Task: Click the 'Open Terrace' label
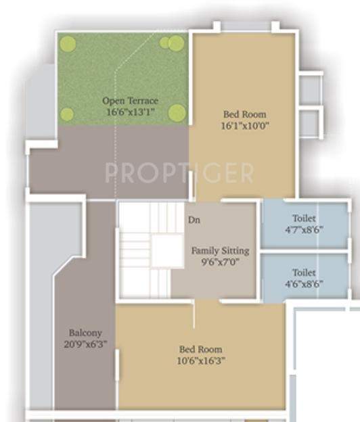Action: (130, 101)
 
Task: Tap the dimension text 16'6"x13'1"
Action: (130, 112)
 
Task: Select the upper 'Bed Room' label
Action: (244, 114)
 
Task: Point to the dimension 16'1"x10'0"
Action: (244, 126)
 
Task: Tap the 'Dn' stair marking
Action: (194, 220)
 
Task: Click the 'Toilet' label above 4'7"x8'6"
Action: (305, 218)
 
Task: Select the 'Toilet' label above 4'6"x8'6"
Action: (305, 273)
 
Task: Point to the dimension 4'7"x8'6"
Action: (305, 229)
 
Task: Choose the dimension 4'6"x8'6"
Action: (305, 285)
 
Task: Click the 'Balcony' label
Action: (85, 333)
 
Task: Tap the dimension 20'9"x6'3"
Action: (85, 344)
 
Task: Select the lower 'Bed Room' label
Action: (200, 349)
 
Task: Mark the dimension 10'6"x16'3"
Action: (200, 360)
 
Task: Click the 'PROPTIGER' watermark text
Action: (179, 173)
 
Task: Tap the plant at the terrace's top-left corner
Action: (67, 44)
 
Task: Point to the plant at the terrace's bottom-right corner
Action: (177, 113)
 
